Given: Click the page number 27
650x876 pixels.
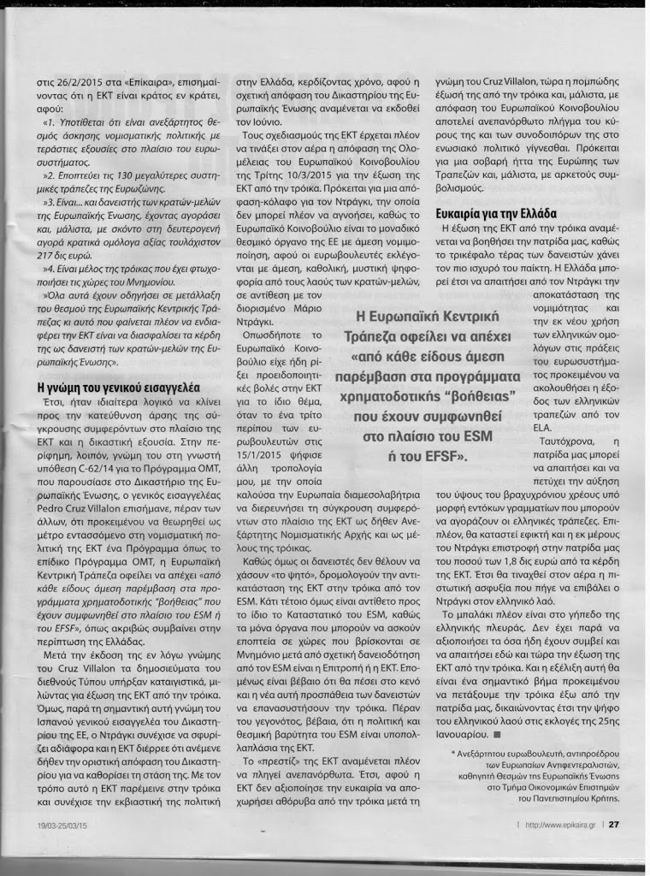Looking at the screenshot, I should coord(625,825).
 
